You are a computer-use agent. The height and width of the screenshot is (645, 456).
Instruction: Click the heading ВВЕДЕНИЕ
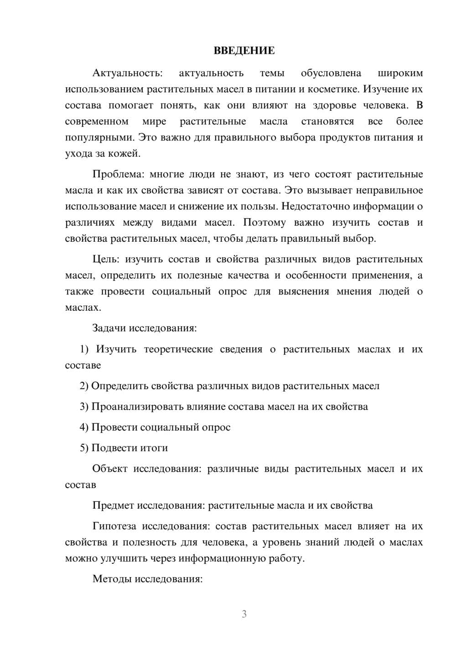244,51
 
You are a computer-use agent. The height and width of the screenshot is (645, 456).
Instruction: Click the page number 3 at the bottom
244,614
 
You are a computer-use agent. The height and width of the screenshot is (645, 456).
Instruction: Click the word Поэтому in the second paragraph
264,223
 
